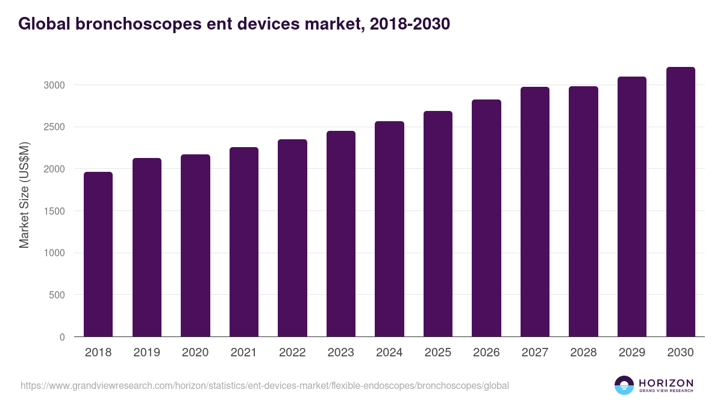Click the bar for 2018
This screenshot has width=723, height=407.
98,254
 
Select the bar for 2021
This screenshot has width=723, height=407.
244,242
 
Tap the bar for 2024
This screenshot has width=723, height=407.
389,229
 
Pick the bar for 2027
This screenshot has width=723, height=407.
535,212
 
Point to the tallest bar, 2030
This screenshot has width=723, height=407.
681,202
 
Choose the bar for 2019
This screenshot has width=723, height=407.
147,247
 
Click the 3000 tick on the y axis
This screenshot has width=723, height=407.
54,85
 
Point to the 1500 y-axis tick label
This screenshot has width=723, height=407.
54,211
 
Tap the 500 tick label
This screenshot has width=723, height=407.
56,295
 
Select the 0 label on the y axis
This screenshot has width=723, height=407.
62,338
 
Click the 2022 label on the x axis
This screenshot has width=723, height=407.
292,353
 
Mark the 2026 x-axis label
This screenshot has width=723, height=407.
486,353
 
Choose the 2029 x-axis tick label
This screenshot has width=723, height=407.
632,353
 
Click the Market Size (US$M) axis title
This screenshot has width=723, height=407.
24,194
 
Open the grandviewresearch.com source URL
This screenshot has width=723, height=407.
265,385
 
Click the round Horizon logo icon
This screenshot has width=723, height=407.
624,385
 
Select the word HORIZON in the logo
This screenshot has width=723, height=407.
666,383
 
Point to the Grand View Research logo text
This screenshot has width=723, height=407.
666,391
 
